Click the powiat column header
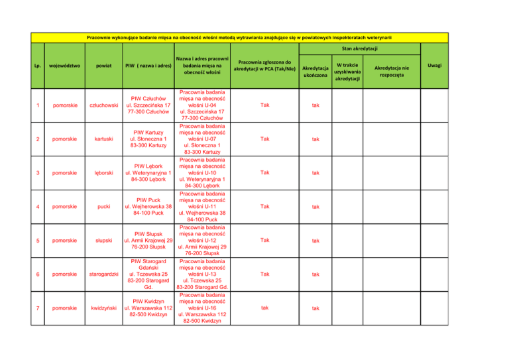pos(103,66)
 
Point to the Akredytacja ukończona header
pos(315,71)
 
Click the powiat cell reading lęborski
pos(103,174)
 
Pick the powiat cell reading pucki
pos(103,206)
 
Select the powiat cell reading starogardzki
pos(103,273)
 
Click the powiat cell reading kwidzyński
pos(103,308)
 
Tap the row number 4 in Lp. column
pos(38,206)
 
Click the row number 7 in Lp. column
pos(38,308)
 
